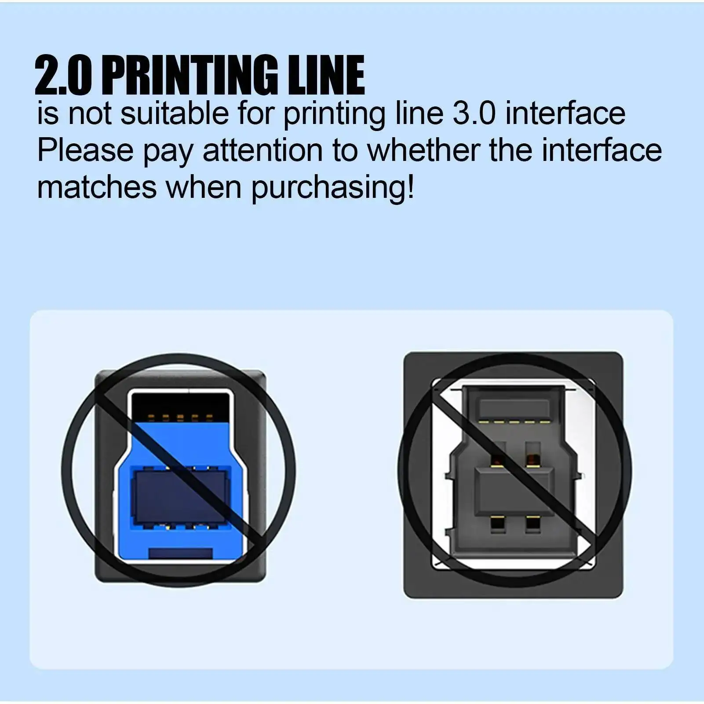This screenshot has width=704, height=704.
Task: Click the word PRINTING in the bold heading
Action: [193, 75]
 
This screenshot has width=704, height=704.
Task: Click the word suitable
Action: [175, 113]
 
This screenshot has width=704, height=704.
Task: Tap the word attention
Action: [263, 150]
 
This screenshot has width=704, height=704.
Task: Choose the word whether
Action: [423, 150]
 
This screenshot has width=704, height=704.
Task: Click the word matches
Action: [97, 187]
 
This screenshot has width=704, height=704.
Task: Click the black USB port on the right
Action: [513, 474]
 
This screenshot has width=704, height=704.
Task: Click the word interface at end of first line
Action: [565, 113]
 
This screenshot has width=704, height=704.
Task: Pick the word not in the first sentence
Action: [90, 113]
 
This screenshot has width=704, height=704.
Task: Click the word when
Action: [204, 187]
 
